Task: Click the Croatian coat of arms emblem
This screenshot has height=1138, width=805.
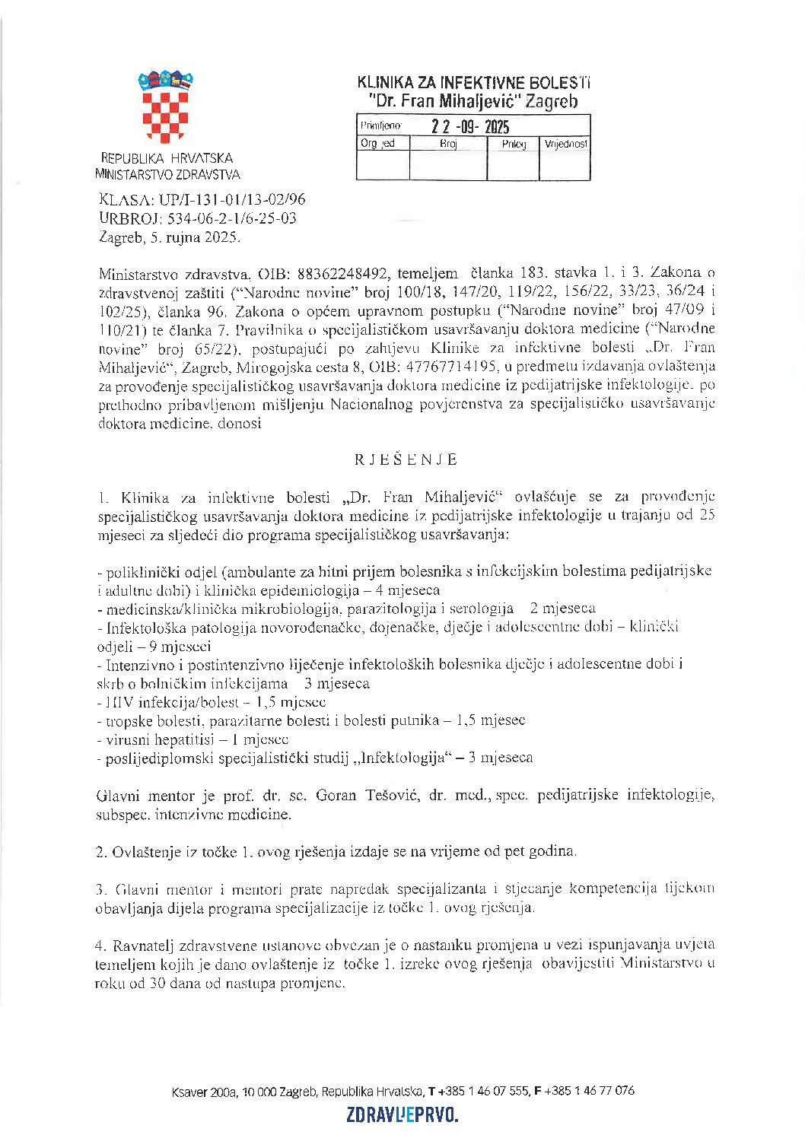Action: (x=165, y=106)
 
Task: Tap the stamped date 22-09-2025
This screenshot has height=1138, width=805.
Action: (x=470, y=127)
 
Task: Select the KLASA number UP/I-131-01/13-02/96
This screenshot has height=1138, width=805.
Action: (x=231, y=199)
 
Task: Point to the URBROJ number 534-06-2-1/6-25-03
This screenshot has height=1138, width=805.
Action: (x=232, y=218)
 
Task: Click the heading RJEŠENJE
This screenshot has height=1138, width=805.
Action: (x=406, y=459)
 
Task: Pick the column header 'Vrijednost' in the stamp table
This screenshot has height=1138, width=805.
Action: (x=565, y=144)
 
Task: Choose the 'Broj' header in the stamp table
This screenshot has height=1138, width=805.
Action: (x=448, y=144)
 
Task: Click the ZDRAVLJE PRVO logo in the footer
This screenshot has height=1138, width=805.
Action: (x=402, y=1115)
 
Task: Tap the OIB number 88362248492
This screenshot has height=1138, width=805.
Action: (x=339, y=273)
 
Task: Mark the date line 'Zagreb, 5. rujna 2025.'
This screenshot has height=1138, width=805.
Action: (x=170, y=237)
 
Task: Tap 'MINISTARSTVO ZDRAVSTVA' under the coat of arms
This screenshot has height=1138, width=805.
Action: (x=167, y=174)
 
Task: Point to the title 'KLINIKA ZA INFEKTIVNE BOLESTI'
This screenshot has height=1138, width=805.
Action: (x=473, y=83)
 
